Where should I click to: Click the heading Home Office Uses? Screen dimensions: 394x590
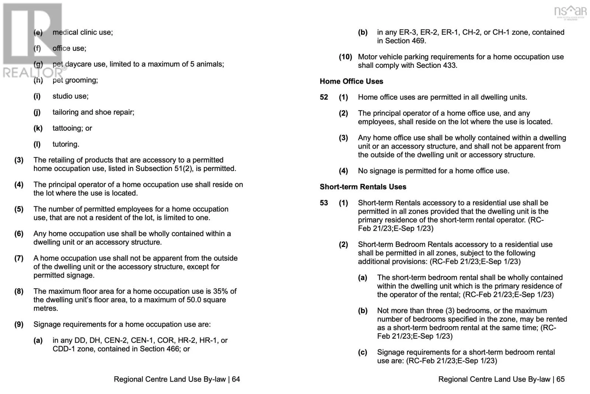point(351,81)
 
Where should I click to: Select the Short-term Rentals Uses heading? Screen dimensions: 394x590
point(363,187)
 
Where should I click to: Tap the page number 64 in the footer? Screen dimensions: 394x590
point(236,379)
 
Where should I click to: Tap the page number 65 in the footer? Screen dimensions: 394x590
point(560,379)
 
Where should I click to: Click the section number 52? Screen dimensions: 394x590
point(324,97)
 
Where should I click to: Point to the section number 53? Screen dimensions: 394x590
point(324,203)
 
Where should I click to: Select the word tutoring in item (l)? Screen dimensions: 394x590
point(66,144)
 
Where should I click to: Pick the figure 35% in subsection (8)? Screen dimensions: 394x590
point(221,291)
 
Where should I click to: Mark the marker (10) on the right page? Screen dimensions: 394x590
point(346,57)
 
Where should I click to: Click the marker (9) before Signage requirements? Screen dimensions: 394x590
point(19,325)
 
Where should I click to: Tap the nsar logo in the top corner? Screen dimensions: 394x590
point(570,12)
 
